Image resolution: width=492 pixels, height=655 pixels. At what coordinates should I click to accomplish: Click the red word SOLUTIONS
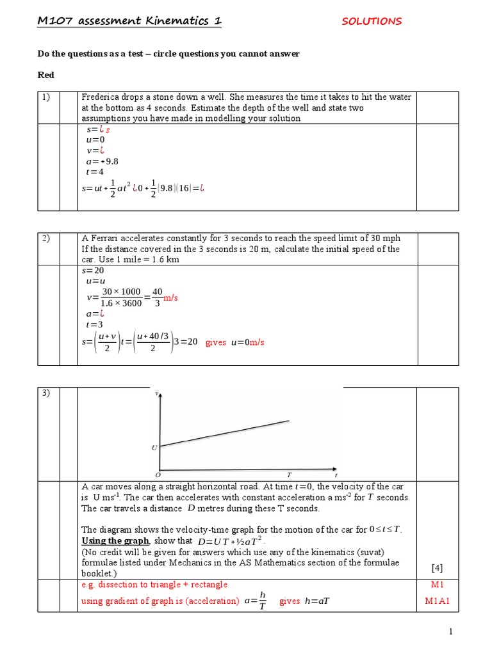tap(372, 21)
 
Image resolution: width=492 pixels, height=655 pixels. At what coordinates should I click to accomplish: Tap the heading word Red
tap(45, 75)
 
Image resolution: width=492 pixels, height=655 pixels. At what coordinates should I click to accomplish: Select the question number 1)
tap(47, 97)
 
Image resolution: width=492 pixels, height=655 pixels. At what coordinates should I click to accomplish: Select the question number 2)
tap(47, 238)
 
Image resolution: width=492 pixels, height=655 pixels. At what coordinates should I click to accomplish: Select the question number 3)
tap(47, 393)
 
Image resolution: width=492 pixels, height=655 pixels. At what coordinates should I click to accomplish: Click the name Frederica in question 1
tap(102, 97)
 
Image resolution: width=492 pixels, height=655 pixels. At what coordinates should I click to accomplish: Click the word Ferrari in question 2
tap(102, 238)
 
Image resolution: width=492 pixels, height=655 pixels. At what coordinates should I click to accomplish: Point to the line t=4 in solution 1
tap(94, 171)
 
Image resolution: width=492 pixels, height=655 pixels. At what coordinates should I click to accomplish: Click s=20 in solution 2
tap(94, 270)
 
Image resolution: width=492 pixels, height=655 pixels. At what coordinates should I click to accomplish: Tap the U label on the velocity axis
tap(154, 448)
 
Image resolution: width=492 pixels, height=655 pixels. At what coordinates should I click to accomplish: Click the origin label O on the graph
tap(157, 475)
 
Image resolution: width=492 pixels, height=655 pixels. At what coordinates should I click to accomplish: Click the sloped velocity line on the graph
tap(224, 433)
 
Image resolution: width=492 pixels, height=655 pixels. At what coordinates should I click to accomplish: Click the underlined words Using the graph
tap(115, 541)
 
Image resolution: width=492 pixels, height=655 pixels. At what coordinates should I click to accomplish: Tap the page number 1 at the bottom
tap(451, 632)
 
